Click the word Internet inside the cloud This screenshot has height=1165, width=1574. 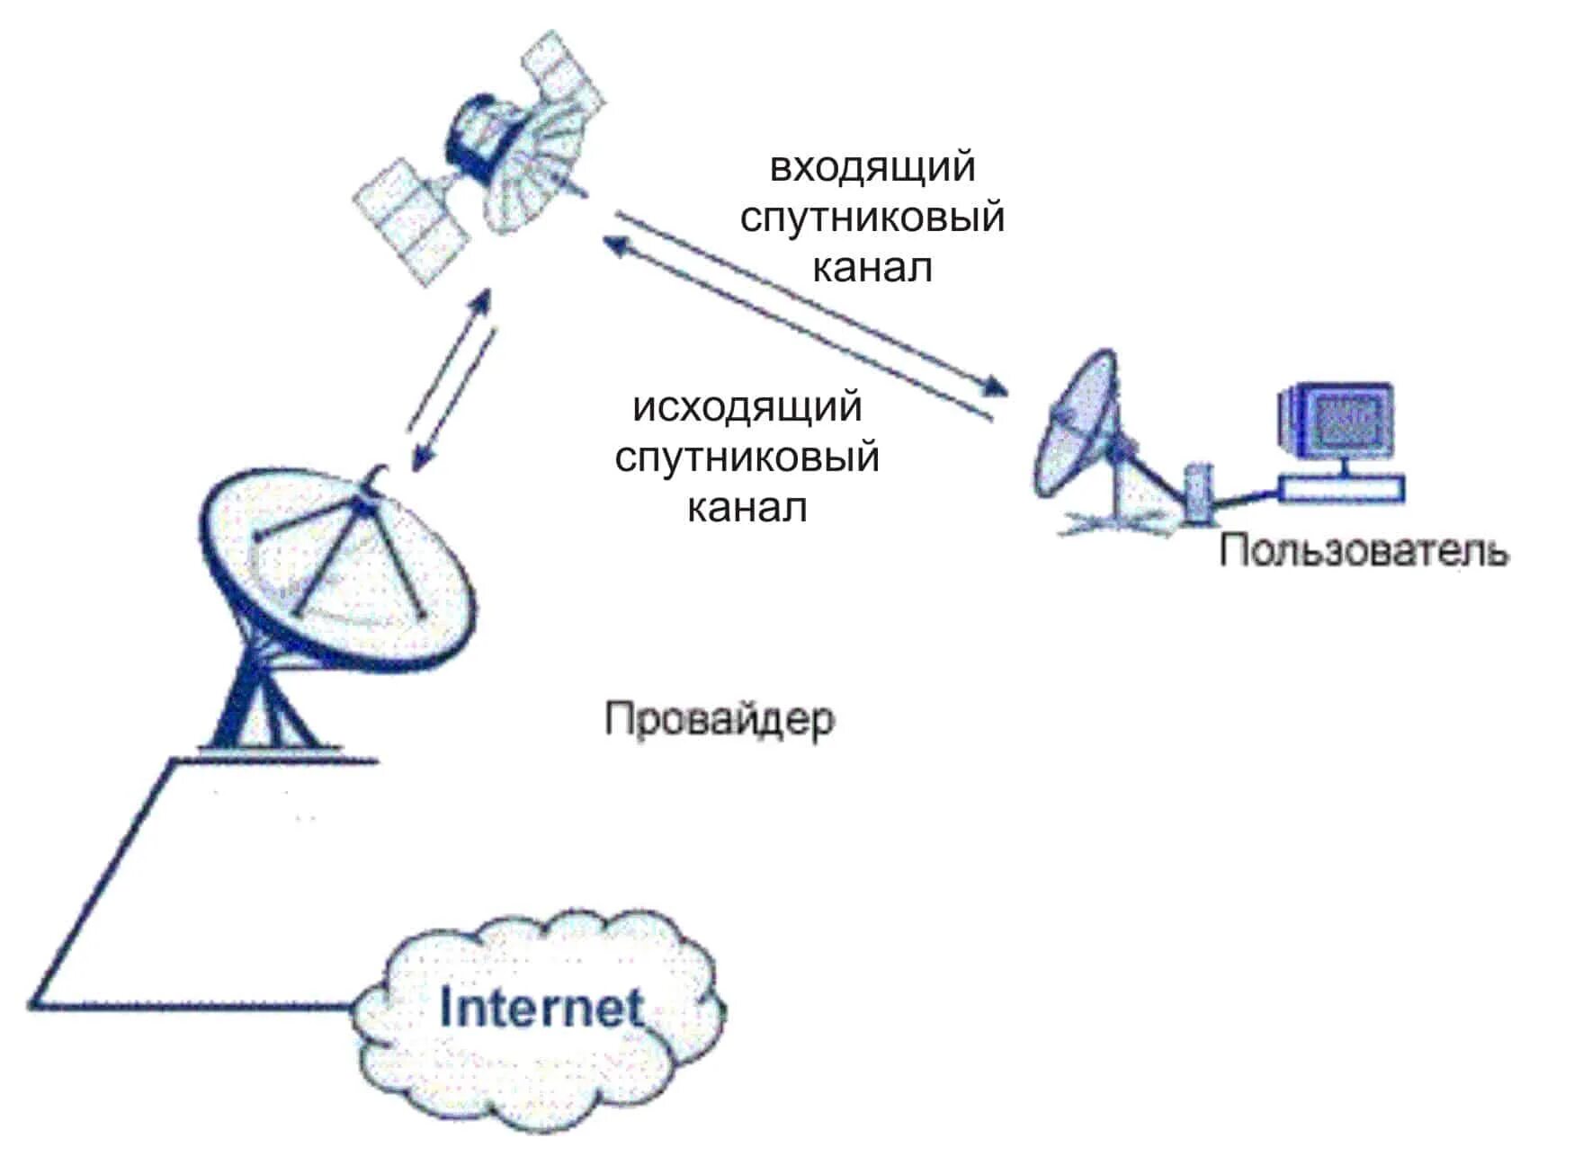541,1009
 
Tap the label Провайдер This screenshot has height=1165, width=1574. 720,720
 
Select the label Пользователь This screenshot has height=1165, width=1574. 1364,550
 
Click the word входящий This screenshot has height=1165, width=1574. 872,168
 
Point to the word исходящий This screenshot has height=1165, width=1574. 747,407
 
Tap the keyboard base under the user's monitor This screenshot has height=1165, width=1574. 1341,489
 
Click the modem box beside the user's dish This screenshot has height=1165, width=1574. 1198,492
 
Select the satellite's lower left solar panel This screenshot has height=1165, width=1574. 409,220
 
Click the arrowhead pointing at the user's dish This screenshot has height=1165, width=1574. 994,387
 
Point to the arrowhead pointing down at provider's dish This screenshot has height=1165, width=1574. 420,460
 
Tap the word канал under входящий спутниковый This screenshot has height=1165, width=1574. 872,268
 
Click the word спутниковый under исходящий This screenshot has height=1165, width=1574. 747,458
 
